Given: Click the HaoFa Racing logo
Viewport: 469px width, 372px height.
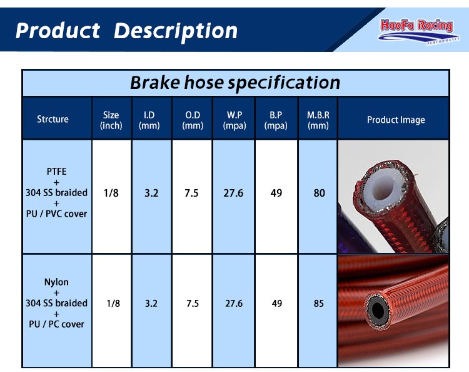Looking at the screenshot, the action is [x=418, y=31].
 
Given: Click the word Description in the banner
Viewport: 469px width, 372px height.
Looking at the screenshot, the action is [x=176, y=31].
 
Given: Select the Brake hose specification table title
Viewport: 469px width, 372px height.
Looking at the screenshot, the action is [x=235, y=83].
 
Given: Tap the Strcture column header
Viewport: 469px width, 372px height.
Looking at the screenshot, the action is [x=53, y=119].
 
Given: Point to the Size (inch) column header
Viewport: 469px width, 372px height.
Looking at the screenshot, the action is [x=111, y=120].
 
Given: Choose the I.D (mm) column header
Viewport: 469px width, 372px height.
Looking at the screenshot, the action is [x=149, y=120].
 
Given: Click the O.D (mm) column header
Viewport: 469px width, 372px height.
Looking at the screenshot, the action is [x=193, y=120].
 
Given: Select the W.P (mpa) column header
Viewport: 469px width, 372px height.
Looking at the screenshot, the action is [x=234, y=120].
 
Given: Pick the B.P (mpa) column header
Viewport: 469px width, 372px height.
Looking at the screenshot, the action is [x=276, y=120].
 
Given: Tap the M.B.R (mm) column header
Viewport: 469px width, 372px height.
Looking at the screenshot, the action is [x=318, y=120].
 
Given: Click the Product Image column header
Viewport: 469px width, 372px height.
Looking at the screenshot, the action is [x=396, y=120].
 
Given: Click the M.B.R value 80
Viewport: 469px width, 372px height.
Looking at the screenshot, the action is [x=320, y=193].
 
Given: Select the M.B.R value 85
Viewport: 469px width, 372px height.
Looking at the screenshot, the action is [x=319, y=303].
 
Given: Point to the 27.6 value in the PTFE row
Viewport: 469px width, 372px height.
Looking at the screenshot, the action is [x=233, y=193].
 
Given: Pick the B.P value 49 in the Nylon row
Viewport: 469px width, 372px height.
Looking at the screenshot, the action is [x=276, y=303].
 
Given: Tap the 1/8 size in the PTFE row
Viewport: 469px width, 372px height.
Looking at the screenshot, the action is [x=111, y=193].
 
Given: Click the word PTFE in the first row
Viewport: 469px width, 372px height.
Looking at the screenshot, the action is [x=56, y=172].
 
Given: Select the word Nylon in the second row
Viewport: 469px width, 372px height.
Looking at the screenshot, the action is [x=56, y=282].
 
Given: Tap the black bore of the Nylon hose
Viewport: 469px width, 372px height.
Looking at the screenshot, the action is [x=377, y=310].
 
